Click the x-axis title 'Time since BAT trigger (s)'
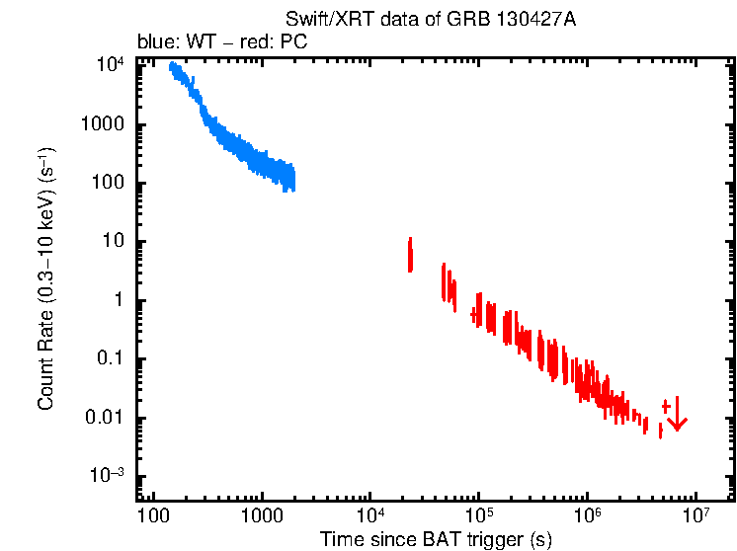pos(436,539)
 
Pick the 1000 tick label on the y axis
pos(104,125)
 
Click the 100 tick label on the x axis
pos(153,514)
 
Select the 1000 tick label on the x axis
pos(262,514)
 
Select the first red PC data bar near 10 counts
pos(410,255)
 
